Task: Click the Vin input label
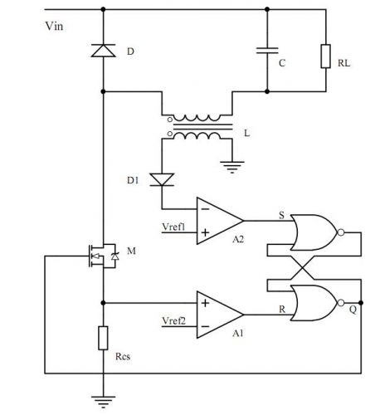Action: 54,27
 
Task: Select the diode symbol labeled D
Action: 103,51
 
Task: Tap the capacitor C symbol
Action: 267,51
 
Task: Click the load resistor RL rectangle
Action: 326,56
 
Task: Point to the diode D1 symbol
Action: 162,179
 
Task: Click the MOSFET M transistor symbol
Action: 103,256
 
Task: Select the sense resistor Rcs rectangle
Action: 103,338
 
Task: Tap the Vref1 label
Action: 173,227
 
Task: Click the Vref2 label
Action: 173,321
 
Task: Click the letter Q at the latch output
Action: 353,310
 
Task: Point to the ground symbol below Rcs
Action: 103,402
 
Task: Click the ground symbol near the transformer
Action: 232,167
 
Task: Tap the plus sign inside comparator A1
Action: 205,303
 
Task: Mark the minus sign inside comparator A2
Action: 205,209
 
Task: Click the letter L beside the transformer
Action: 247,134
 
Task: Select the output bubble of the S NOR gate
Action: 341,232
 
